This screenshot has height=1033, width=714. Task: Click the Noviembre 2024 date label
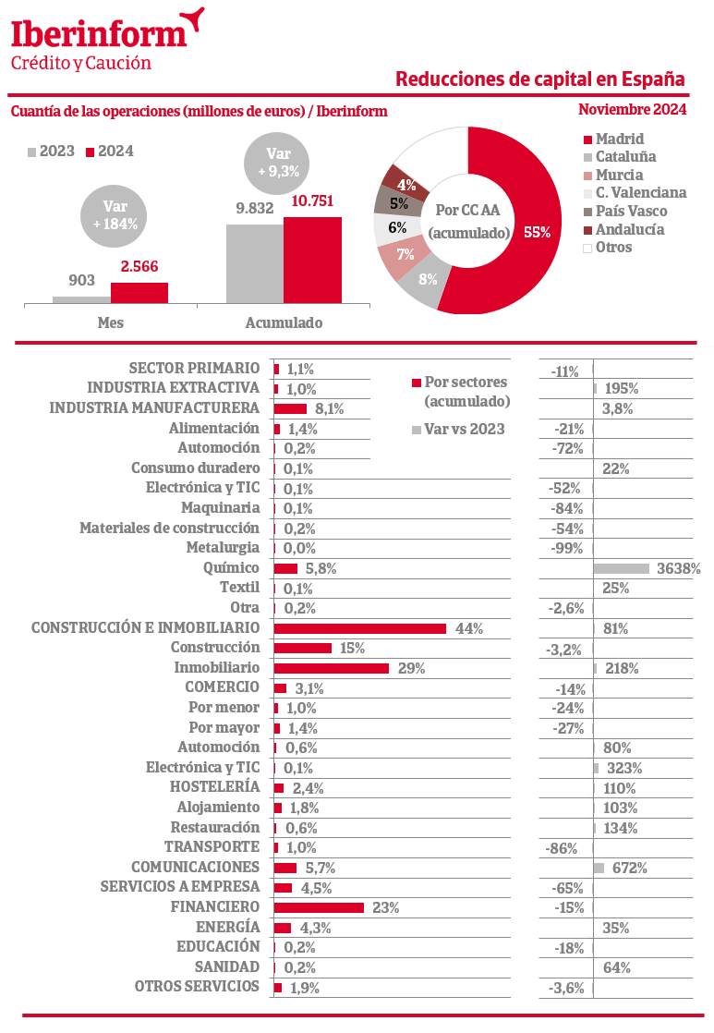(632, 109)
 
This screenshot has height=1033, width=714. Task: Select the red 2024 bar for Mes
(139, 292)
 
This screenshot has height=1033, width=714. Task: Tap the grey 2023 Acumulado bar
(254, 263)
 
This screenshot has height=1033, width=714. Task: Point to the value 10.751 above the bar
(312, 201)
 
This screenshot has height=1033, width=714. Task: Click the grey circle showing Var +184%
(115, 215)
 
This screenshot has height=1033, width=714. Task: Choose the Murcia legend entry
(619, 175)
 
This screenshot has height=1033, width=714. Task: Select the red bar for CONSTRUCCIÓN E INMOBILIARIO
(360, 628)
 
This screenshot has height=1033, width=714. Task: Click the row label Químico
(237, 568)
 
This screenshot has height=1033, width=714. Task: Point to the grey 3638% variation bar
(622, 568)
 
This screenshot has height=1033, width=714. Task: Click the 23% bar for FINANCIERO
(320, 907)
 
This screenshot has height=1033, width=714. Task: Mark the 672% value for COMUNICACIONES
(628, 868)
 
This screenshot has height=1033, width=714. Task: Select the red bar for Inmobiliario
(332, 668)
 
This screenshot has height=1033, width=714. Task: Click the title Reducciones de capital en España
(539, 79)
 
